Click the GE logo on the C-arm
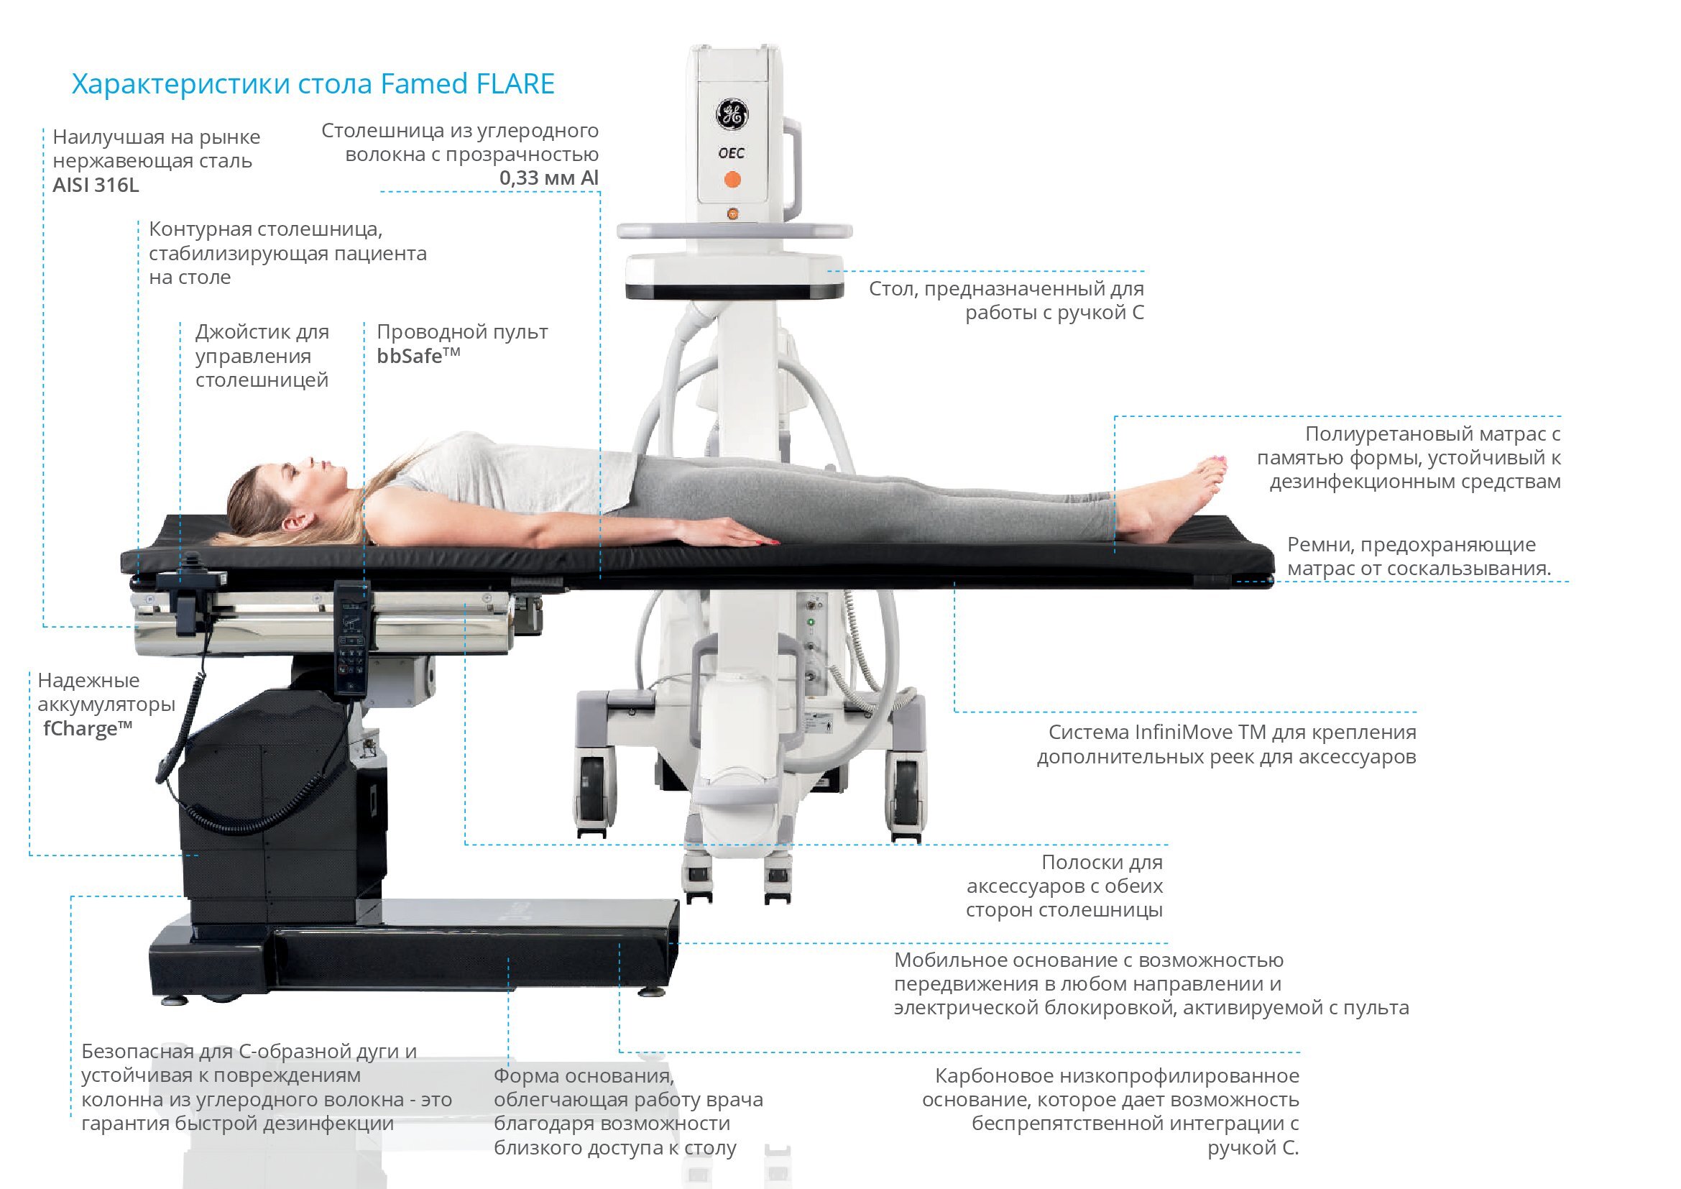[732, 115]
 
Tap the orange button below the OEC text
[732, 180]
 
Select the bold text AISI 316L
[96, 185]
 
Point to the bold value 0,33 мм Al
[548, 178]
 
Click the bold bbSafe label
[418, 356]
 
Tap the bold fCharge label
[87, 728]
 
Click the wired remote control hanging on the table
[352, 637]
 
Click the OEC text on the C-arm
[732, 153]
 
